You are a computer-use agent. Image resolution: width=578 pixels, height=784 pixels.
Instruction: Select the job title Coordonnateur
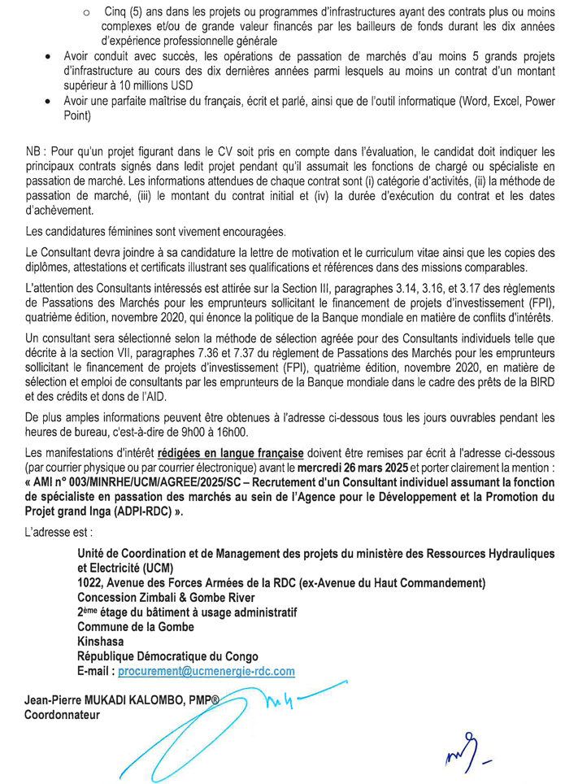pos(60,716)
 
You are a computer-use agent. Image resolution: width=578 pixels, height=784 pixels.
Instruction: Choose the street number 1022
pos(92,581)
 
